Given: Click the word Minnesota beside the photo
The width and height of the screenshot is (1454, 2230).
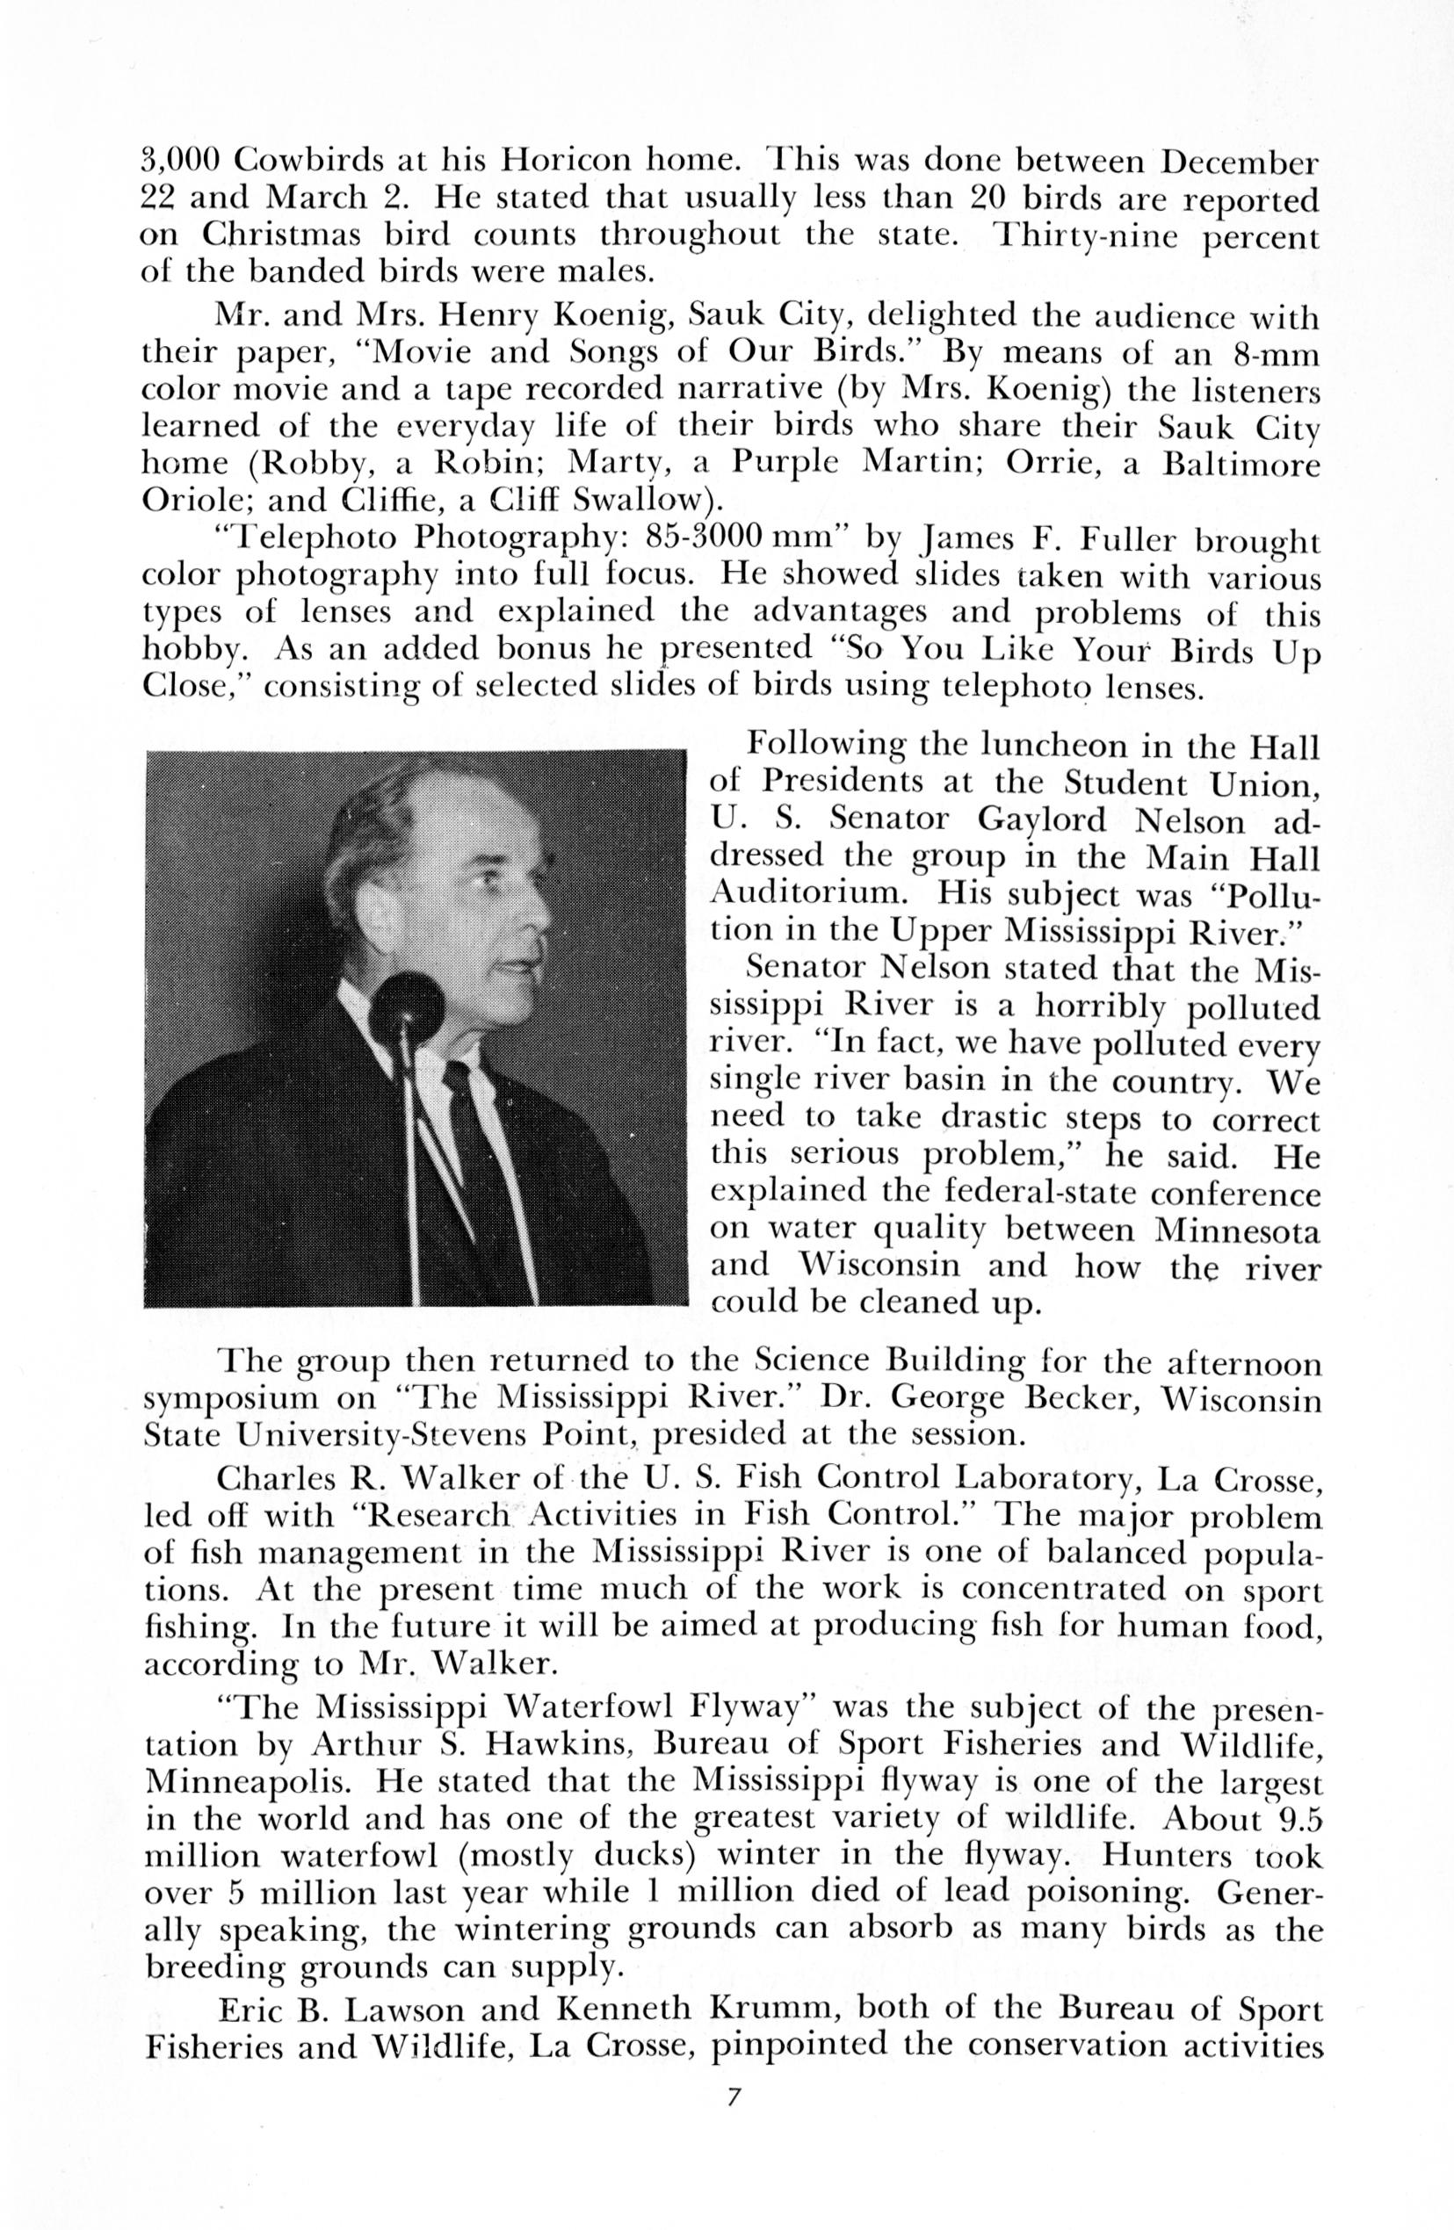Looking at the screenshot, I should click(x=1238, y=1230).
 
